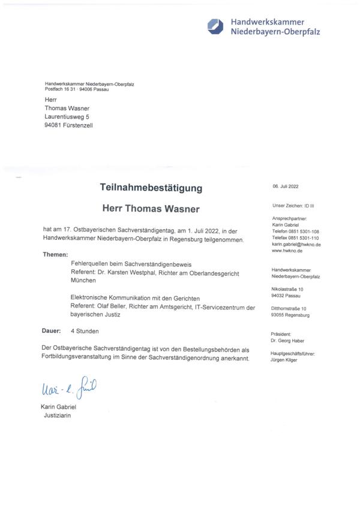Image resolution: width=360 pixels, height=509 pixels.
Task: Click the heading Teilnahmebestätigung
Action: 151,188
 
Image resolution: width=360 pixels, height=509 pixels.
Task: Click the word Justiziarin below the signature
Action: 57,415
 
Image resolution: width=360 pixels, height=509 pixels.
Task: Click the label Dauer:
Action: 52,330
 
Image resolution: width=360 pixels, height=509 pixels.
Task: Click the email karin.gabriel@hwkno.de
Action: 296,245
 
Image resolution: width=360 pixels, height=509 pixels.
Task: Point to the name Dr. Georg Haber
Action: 288,341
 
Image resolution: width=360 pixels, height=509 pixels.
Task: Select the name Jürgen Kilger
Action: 287,360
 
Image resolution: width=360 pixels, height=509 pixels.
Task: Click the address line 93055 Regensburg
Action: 290,315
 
